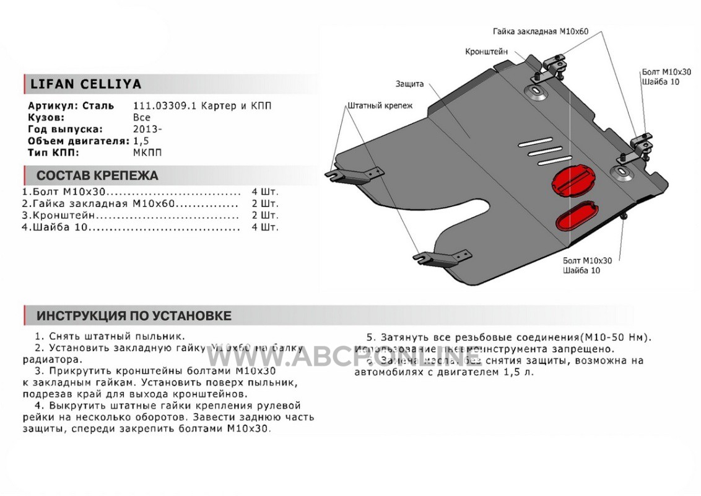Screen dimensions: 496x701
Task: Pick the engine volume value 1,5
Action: [141, 141]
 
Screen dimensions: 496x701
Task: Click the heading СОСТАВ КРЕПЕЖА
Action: [97, 175]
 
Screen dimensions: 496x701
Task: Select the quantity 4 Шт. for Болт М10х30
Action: [266, 192]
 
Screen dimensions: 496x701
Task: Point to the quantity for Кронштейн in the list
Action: [266, 216]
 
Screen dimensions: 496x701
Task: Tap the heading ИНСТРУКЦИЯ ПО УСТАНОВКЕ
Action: [134, 316]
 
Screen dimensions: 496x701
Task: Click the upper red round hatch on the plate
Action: [572, 179]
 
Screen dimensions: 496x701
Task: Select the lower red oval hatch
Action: [575, 216]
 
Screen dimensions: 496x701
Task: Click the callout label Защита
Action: [410, 83]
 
